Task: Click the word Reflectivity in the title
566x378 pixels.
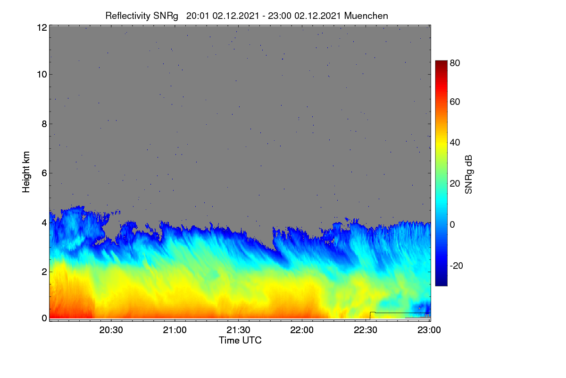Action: click(x=128, y=16)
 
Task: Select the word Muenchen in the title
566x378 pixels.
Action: click(x=366, y=16)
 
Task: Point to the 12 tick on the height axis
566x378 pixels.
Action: click(x=42, y=27)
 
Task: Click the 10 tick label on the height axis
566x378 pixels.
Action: click(x=42, y=75)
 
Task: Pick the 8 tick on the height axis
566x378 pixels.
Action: click(x=44, y=124)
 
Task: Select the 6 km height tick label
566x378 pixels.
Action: click(x=44, y=173)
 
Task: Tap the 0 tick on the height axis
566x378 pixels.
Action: click(x=44, y=318)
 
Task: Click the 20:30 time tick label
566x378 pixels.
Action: click(x=111, y=330)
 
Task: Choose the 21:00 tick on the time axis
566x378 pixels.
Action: click(x=175, y=330)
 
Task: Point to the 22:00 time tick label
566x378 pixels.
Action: click(x=302, y=330)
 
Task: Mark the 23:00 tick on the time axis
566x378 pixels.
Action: click(x=429, y=330)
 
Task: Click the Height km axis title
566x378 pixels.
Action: click(x=26, y=172)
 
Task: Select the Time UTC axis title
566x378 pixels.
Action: click(x=240, y=340)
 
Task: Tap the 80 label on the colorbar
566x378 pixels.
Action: click(x=455, y=63)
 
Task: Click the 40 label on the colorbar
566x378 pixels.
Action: click(x=455, y=143)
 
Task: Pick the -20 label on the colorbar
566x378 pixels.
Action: click(x=457, y=266)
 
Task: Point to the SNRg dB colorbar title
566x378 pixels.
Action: click(x=468, y=175)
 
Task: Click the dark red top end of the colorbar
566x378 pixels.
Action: click(x=441, y=62)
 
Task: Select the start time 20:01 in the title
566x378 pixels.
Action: click(x=198, y=16)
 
